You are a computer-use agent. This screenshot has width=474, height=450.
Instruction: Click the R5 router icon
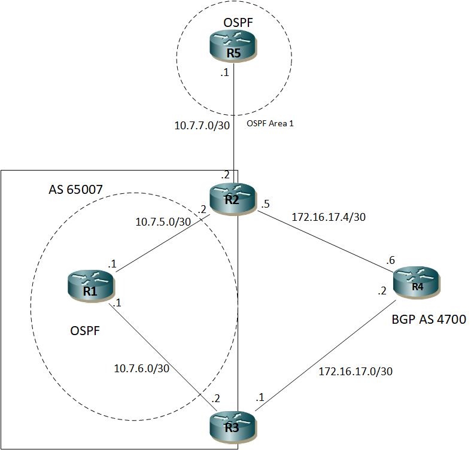click(x=232, y=47)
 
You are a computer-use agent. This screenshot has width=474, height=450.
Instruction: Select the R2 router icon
click(x=232, y=197)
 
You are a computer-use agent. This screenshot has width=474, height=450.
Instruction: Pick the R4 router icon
click(x=417, y=281)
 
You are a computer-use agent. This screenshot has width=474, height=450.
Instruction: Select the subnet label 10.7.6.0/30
click(x=142, y=368)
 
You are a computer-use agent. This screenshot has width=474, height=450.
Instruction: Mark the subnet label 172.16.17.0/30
click(x=355, y=372)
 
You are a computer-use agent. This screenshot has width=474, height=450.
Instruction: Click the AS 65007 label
click(x=75, y=190)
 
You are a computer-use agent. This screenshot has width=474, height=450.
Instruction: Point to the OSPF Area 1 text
click(x=270, y=124)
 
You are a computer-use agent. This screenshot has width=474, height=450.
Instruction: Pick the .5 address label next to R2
click(x=266, y=205)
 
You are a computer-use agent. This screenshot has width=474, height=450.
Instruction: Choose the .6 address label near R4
click(x=391, y=260)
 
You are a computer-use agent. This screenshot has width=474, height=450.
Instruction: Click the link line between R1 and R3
click(x=162, y=360)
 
